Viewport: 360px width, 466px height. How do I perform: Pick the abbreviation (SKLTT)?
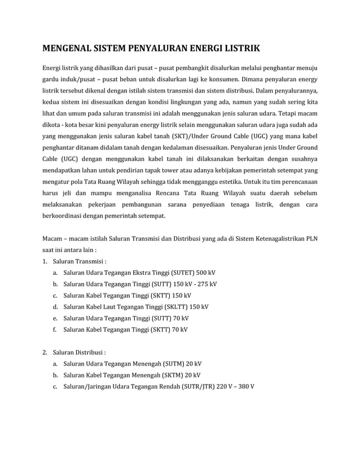[175, 307]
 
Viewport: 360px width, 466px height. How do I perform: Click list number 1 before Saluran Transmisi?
[45, 261]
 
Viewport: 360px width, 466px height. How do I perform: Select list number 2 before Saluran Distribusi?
[45, 353]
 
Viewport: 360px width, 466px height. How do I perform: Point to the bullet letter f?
[55, 329]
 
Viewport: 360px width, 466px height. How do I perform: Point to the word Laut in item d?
[111, 307]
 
